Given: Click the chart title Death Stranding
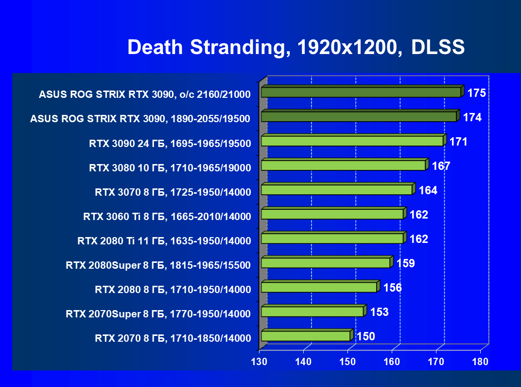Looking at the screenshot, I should [296, 48].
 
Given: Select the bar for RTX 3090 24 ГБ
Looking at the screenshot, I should [352, 141].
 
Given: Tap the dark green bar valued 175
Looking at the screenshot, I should [361, 92].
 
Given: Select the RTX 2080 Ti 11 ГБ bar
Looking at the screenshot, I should [332, 239].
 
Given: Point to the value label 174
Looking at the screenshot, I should [472, 117].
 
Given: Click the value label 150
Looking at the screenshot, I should [365, 336].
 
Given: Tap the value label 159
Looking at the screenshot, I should [405, 263].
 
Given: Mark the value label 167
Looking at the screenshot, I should [441, 166].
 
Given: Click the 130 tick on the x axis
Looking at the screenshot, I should [259, 362].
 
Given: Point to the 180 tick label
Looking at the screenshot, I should [480, 362].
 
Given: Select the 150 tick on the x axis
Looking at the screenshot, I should [347, 362].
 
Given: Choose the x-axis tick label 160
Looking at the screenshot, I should [392, 362].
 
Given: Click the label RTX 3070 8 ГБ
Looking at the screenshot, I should [173, 192].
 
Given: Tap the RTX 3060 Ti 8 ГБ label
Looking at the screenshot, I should [167, 217].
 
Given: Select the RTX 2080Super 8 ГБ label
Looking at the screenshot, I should [158, 265].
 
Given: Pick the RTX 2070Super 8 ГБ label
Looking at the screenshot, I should [158, 314].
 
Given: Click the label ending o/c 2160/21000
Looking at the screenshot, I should [145, 95].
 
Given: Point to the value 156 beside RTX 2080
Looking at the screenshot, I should [392, 288].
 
